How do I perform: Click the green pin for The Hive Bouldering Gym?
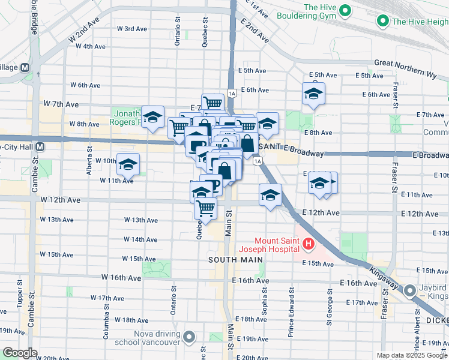click(x=345, y=10)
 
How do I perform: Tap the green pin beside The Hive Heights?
click(x=382, y=22)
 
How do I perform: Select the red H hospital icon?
click(x=308, y=243)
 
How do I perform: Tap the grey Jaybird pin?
click(x=410, y=292)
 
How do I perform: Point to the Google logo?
click(x=20, y=353)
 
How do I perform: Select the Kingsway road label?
click(x=384, y=277)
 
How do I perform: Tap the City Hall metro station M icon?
click(x=40, y=146)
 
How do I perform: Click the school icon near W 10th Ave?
click(x=128, y=163)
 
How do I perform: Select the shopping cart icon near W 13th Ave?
click(x=206, y=208)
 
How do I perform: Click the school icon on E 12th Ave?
click(x=270, y=194)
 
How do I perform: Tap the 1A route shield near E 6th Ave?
click(x=231, y=92)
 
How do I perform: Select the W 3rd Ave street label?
click(x=132, y=29)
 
